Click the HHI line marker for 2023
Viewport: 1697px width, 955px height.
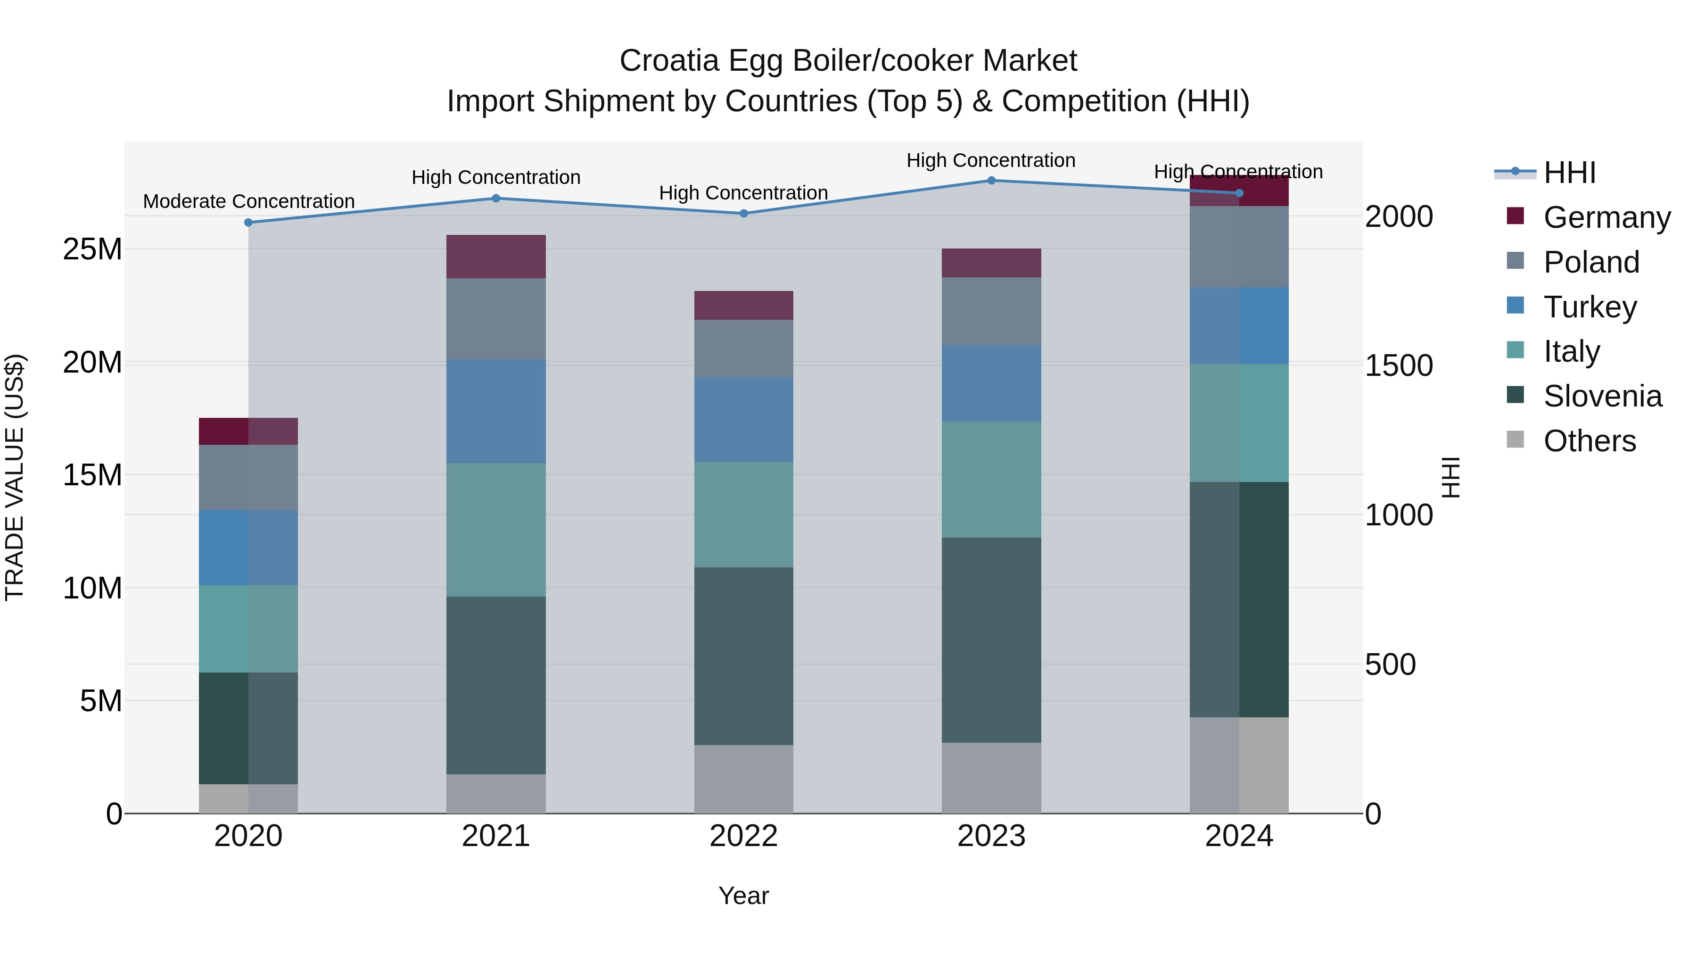(991, 180)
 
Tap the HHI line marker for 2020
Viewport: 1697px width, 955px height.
(248, 222)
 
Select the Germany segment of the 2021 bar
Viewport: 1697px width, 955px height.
(495, 257)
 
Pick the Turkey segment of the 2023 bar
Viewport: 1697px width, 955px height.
(991, 383)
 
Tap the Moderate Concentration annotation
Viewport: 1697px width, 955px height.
(248, 201)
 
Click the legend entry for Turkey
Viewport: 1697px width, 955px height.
(1589, 307)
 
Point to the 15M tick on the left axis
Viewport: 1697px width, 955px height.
(92, 474)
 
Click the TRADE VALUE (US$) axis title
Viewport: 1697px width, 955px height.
(15, 477)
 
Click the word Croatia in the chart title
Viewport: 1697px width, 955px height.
(668, 61)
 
